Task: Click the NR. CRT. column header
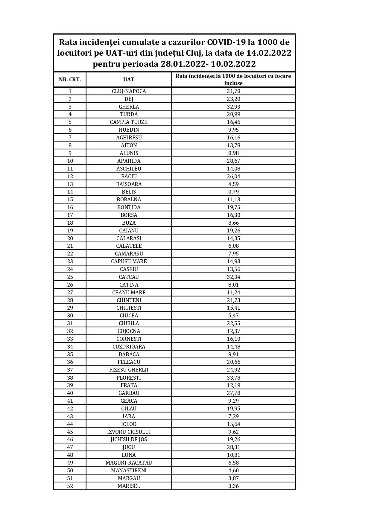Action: tap(70, 80)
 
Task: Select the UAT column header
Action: tap(129, 80)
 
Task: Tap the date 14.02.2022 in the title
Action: tap(269, 53)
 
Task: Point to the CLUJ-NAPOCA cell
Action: tap(129, 91)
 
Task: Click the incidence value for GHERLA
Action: tap(233, 107)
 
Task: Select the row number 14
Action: tap(70, 192)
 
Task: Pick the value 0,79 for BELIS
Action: tap(233, 192)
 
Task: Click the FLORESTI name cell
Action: tap(129, 378)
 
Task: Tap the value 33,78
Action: tap(233, 378)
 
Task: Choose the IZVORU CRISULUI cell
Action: tap(129, 432)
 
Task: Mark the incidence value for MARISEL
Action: tap(233, 486)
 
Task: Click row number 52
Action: tap(70, 486)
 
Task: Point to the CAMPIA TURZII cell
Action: tap(129, 122)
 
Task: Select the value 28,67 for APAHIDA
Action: tap(233, 161)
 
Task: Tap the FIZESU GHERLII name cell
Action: tap(129, 370)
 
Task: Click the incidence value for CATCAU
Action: tap(233, 277)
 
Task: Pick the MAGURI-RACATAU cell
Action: tap(129, 463)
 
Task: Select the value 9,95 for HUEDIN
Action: tap(233, 130)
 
